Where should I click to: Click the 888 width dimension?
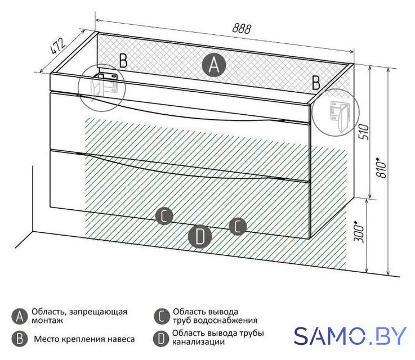coord(242,28)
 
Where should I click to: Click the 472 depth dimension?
coord(57,47)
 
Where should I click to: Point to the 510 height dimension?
coord(364,132)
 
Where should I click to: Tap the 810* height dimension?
coord(382,167)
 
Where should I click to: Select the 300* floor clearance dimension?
coord(359,232)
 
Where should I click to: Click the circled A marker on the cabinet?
coord(214,65)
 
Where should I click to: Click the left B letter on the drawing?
coord(123,61)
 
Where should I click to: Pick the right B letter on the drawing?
coord(316,83)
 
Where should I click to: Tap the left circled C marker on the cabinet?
coord(164,215)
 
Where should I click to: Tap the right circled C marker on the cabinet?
coord(238,226)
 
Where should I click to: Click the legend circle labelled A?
coord(20,316)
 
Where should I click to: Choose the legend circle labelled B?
coord(20,339)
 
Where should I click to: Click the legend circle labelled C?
coord(162,316)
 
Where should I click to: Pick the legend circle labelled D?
coord(162,339)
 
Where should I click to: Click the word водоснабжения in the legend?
coord(225,321)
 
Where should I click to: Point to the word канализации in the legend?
coord(199,342)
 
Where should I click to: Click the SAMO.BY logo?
coord(350,336)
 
